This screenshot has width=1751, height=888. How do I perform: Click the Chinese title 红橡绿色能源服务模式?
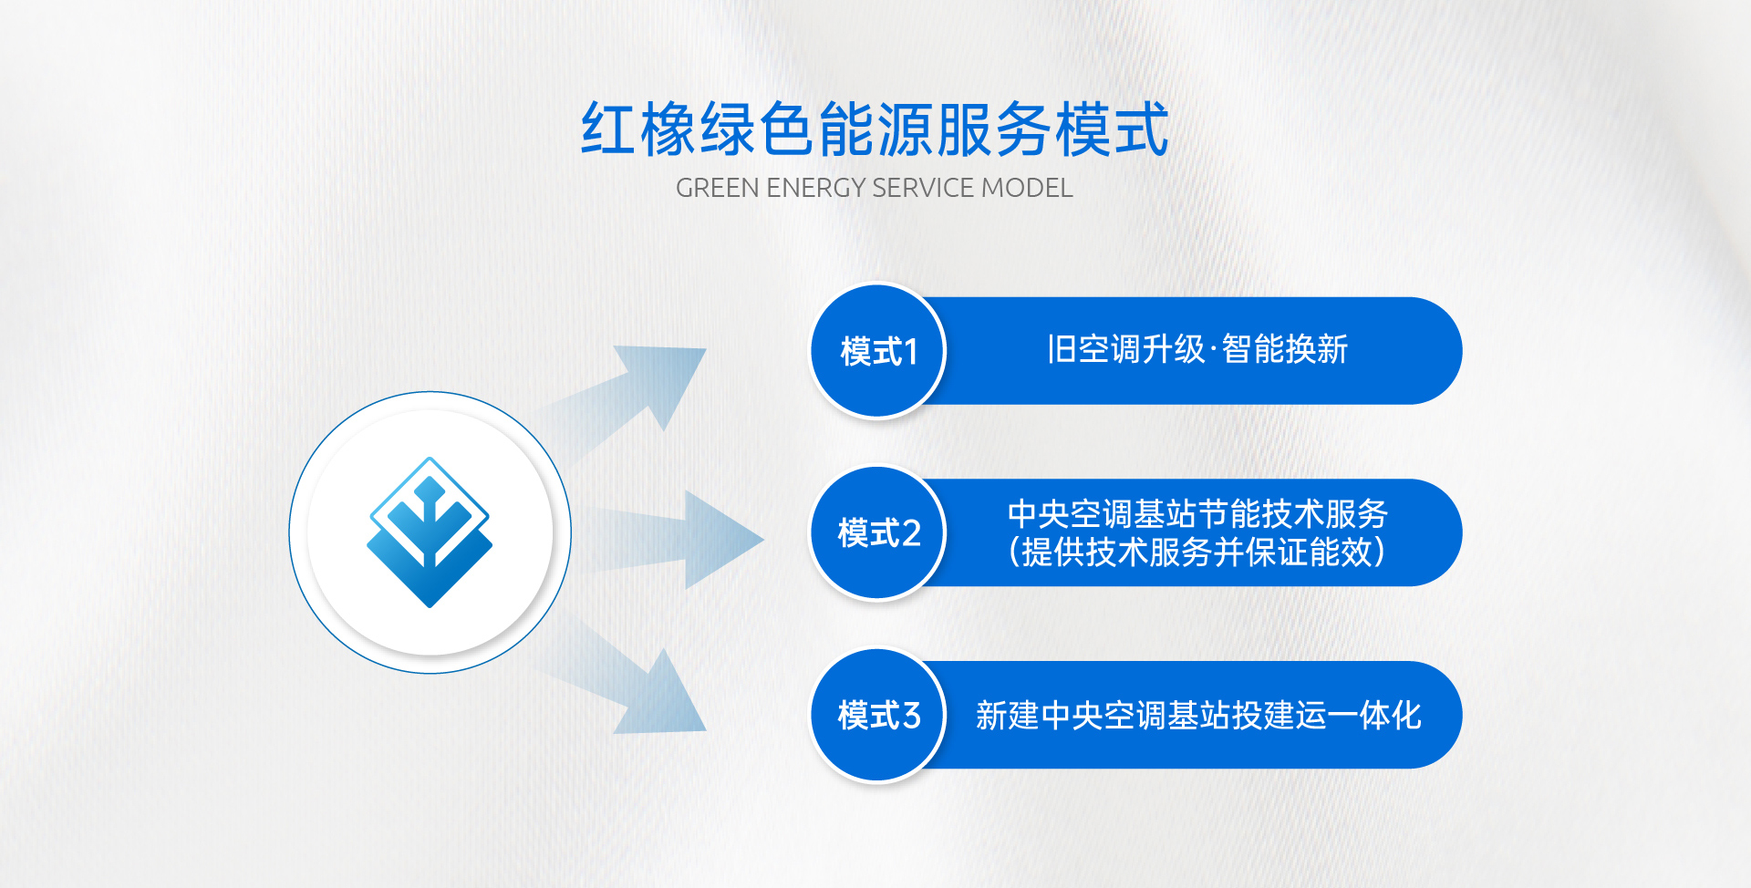tap(875, 129)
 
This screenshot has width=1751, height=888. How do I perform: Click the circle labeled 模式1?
tap(878, 351)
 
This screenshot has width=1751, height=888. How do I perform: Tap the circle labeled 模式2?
tap(878, 533)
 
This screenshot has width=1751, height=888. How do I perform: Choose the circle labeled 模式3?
tap(878, 716)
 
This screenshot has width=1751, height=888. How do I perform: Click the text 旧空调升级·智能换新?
tap(1197, 349)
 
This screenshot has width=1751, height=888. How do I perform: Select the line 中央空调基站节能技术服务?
tap(1197, 514)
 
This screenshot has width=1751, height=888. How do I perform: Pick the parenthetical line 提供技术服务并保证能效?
tap(1197, 552)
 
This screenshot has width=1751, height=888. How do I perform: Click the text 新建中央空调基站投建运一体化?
tap(1198, 716)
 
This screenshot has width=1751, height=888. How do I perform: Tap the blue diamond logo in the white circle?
tap(430, 532)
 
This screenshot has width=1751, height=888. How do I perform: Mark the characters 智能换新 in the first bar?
tap(1285, 349)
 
